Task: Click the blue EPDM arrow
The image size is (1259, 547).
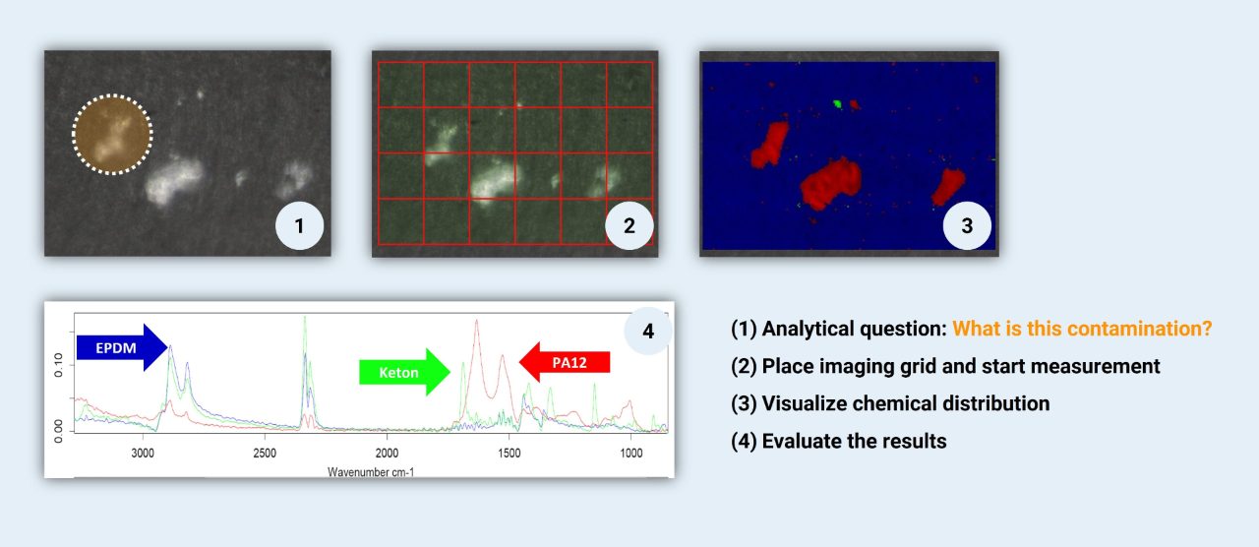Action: (122, 347)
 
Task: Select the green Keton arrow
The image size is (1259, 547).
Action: (404, 372)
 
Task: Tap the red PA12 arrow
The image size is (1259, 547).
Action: (565, 362)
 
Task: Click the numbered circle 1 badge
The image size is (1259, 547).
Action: (299, 226)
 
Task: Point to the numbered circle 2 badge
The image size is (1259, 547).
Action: (629, 226)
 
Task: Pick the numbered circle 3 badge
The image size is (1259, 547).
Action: (967, 226)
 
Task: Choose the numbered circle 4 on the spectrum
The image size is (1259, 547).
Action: (648, 332)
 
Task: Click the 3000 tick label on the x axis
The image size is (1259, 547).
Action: (143, 454)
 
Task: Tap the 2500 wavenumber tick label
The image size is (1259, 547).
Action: (265, 454)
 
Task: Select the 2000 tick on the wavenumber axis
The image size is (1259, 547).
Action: (387, 454)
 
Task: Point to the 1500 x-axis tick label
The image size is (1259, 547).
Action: (510, 454)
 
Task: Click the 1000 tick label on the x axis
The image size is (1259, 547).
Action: (631, 454)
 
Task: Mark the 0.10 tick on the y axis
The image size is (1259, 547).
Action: (58, 365)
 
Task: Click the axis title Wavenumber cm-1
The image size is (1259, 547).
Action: (371, 472)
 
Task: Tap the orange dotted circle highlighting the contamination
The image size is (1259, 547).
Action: (112, 135)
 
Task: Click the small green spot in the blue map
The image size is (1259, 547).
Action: (837, 103)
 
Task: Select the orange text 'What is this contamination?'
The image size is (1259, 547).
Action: (1082, 329)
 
